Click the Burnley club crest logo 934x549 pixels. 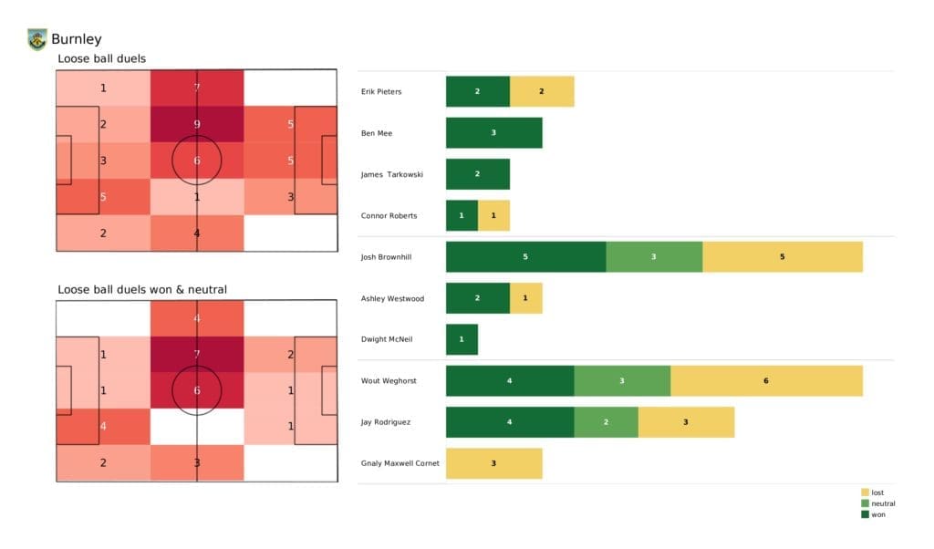pyautogui.click(x=36, y=39)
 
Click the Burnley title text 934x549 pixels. pyautogui.click(x=77, y=39)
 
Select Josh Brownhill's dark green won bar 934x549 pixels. pyautogui.click(x=525, y=257)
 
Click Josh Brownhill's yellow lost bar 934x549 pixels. pyautogui.click(x=782, y=257)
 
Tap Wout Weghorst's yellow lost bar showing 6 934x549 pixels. pyautogui.click(x=766, y=380)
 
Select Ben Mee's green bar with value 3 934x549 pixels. pyautogui.click(x=493, y=133)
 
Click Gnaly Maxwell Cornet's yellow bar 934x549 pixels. pyautogui.click(x=493, y=463)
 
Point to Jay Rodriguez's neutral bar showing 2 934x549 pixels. pyautogui.click(x=606, y=422)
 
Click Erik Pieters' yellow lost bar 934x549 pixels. pyautogui.click(x=542, y=92)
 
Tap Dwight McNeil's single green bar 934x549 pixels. pyautogui.click(x=462, y=339)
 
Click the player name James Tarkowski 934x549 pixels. pyautogui.click(x=391, y=174)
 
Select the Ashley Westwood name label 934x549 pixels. pyautogui.click(x=392, y=298)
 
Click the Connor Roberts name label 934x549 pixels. pyautogui.click(x=389, y=216)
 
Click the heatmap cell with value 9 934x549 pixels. pyautogui.click(x=197, y=124)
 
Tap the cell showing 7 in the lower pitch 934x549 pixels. pyautogui.click(x=197, y=354)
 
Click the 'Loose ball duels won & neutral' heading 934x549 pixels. pyautogui.click(x=142, y=290)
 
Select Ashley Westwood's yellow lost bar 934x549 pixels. pyautogui.click(x=525, y=298)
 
